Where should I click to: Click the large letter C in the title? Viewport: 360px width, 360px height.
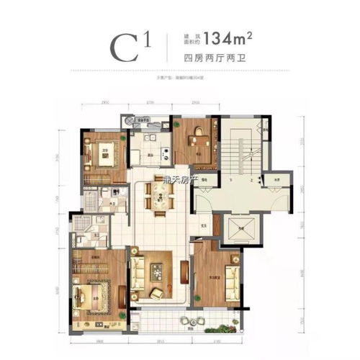(125, 47)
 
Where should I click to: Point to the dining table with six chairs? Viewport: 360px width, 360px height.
(159, 194)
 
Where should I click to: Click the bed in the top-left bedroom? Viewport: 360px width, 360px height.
(97, 153)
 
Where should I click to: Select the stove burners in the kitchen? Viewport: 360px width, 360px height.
(153, 137)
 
